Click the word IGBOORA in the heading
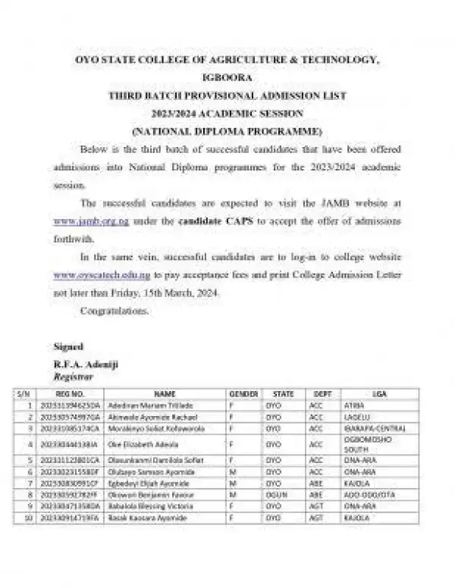227,76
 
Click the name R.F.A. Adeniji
86,364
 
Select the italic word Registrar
74,375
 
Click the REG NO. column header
71,394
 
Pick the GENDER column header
243,394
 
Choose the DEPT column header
322,394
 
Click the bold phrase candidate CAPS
210,220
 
